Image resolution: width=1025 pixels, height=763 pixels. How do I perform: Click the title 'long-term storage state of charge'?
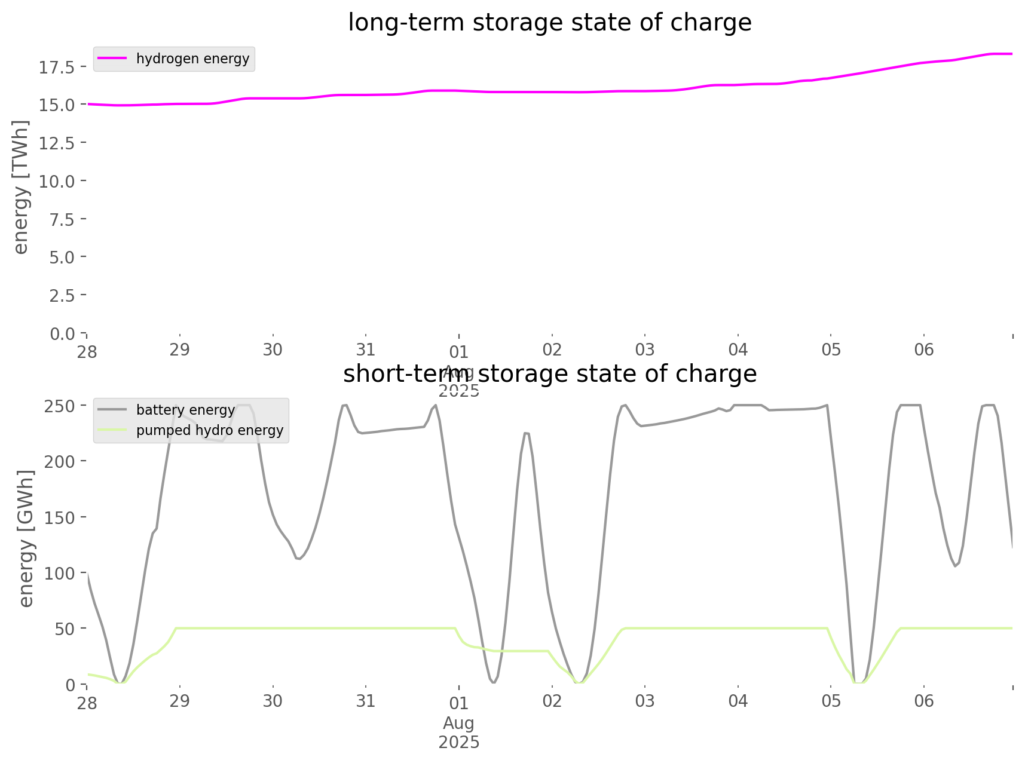[549, 23]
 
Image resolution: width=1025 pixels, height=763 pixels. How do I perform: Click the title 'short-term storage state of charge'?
[549, 374]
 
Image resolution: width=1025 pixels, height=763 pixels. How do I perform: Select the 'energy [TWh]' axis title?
[21, 187]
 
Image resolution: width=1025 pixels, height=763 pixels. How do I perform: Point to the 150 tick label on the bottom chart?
[60, 517]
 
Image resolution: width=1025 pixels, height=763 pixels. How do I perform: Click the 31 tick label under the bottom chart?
[366, 700]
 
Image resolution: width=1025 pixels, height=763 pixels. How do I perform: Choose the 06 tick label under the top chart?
[924, 350]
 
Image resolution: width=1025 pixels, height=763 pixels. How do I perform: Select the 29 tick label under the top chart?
[180, 350]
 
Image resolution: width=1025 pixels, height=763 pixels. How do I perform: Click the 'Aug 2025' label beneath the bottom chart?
[459, 733]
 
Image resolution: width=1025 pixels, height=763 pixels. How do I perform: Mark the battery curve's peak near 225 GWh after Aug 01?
[526, 433]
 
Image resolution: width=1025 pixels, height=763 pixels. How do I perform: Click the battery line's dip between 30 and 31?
[299, 559]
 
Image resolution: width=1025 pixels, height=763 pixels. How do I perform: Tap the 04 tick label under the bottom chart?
[738, 700]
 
